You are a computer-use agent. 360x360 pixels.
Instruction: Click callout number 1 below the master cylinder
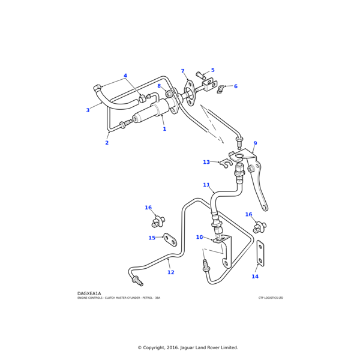(x=164, y=129)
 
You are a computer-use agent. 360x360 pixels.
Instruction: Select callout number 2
(x=107, y=143)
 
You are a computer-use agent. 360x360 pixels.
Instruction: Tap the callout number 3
(x=88, y=110)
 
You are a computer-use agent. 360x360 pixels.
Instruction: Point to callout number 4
(x=125, y=76)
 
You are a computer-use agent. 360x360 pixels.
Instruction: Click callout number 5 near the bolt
(x=212, y=70)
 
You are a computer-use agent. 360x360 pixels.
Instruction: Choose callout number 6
(x=235, y=86)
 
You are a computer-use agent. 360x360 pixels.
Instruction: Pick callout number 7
(x=182, y=71)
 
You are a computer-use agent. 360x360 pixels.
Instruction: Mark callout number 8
(x=159, y=86)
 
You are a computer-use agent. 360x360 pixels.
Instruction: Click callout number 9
(x=255, y=144)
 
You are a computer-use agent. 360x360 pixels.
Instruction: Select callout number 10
(x=199, y=238)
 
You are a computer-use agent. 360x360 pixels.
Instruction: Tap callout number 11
(x=206, y=185)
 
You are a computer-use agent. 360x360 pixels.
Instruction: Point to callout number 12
(x=170, y=272)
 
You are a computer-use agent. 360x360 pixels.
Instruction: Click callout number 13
(x=206, y=162)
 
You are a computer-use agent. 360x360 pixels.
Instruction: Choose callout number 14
(x=255, y=277)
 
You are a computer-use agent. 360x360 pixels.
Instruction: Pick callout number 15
(x=152, y=238)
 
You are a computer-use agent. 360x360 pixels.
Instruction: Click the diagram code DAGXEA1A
(x=89, y=293)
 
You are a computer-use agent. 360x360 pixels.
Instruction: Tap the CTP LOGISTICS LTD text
(x=271, y=298)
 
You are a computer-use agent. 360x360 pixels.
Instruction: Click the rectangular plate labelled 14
(x=260, y=254)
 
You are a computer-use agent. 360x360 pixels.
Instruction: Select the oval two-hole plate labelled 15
(x=170, y=240)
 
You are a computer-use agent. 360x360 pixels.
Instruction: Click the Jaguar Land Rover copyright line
(x=188, y=347)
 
